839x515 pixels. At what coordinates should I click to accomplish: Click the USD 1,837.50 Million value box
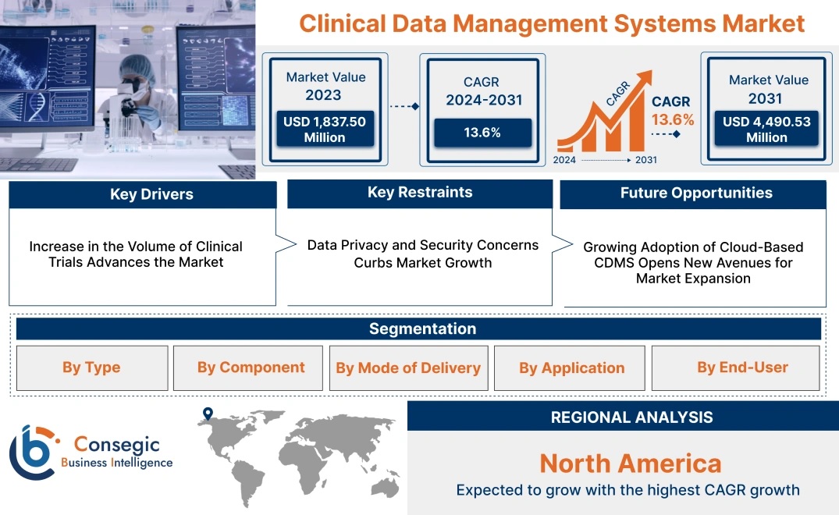click(325, 129)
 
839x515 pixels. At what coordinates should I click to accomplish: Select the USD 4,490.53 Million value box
click(766, 129)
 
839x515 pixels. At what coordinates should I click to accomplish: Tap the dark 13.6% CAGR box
click(482, 133)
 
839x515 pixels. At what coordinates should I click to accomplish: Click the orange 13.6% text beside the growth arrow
click(673, 119)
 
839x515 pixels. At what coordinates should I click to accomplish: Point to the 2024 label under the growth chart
click(564, 160)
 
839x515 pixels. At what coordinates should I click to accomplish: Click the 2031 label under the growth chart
click(646, 160)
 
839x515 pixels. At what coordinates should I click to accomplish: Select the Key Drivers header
click(143, 194)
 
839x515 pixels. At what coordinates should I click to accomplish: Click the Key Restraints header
click(420, 193)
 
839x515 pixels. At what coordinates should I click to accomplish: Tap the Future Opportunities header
click(693, 194)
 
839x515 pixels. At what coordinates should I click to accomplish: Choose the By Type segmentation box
click(92, 368)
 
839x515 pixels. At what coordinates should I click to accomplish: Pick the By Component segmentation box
click(248, 368)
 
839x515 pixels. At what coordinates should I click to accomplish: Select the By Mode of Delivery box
click(409, 368)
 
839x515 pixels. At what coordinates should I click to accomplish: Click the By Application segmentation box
click(569, 368)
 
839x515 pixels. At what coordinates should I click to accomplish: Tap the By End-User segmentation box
click(736, 368)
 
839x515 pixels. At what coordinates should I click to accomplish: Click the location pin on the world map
click(208, 414)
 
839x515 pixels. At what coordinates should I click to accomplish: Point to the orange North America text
click(631, 463)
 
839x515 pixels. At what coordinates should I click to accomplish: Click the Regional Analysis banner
click(623, 416)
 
